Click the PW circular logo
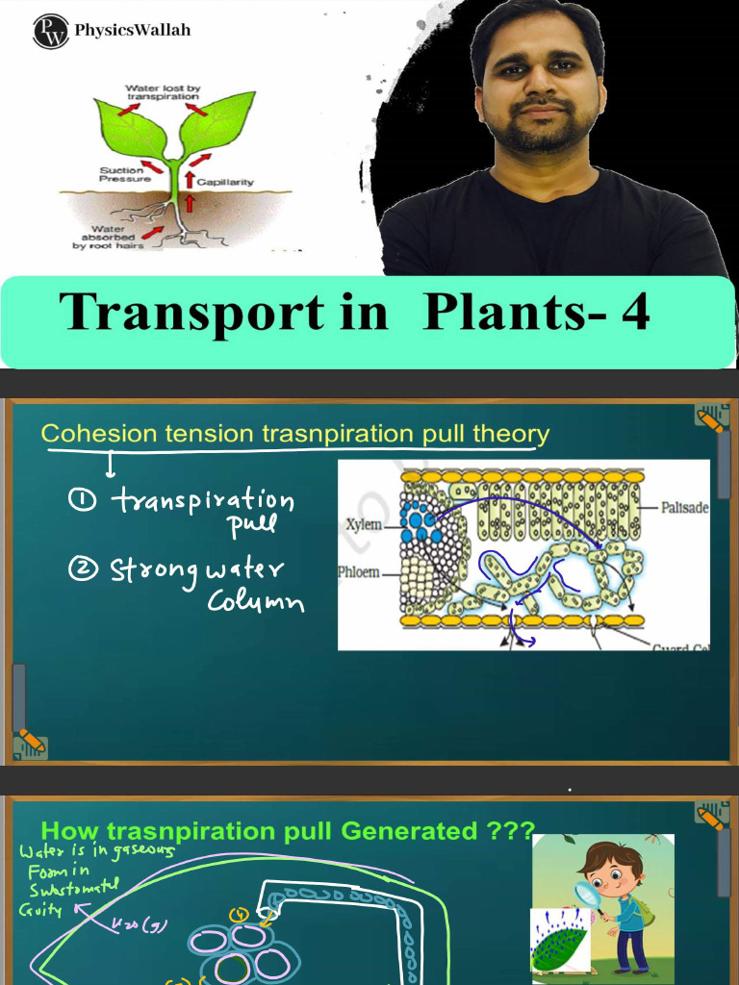tap(50, 31)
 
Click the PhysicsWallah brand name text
tap(133, 30)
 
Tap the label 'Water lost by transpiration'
tap(162, 92)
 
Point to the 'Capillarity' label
tap(225, 180)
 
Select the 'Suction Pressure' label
tap(122, 174)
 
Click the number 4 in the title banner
tap(634, 312)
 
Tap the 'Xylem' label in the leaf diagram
tap(363, 525)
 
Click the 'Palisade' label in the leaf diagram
tap(684, 507)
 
